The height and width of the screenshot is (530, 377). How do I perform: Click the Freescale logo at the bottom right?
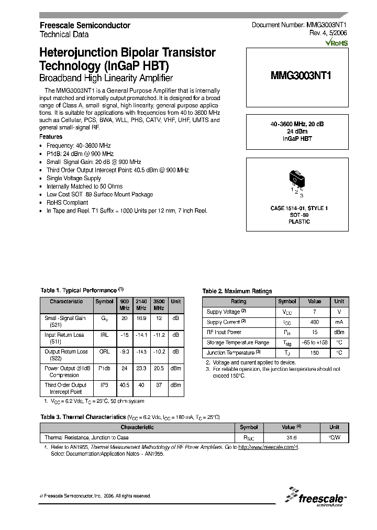point(314,497)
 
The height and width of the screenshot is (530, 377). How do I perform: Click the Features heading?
point(51,137)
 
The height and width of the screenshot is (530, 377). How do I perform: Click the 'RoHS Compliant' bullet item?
point(67,202)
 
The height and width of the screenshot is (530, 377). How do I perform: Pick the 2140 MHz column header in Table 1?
point(141,304)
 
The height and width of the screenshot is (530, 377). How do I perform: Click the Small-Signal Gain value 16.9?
point(141,318)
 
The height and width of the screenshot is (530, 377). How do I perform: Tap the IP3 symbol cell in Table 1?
point(104,385)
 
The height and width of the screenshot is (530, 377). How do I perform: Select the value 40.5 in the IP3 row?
point(124,385)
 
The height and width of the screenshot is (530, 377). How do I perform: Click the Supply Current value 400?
point(314,322)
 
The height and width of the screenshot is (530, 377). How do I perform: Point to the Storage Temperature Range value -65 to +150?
point(314,343)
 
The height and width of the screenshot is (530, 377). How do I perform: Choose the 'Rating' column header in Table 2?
point(238,302)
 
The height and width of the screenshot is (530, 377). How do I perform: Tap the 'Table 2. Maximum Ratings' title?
point(237,291)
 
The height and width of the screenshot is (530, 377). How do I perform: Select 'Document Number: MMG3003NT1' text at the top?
point(296,25)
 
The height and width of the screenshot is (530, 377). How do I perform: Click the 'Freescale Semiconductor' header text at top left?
point(85,25)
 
